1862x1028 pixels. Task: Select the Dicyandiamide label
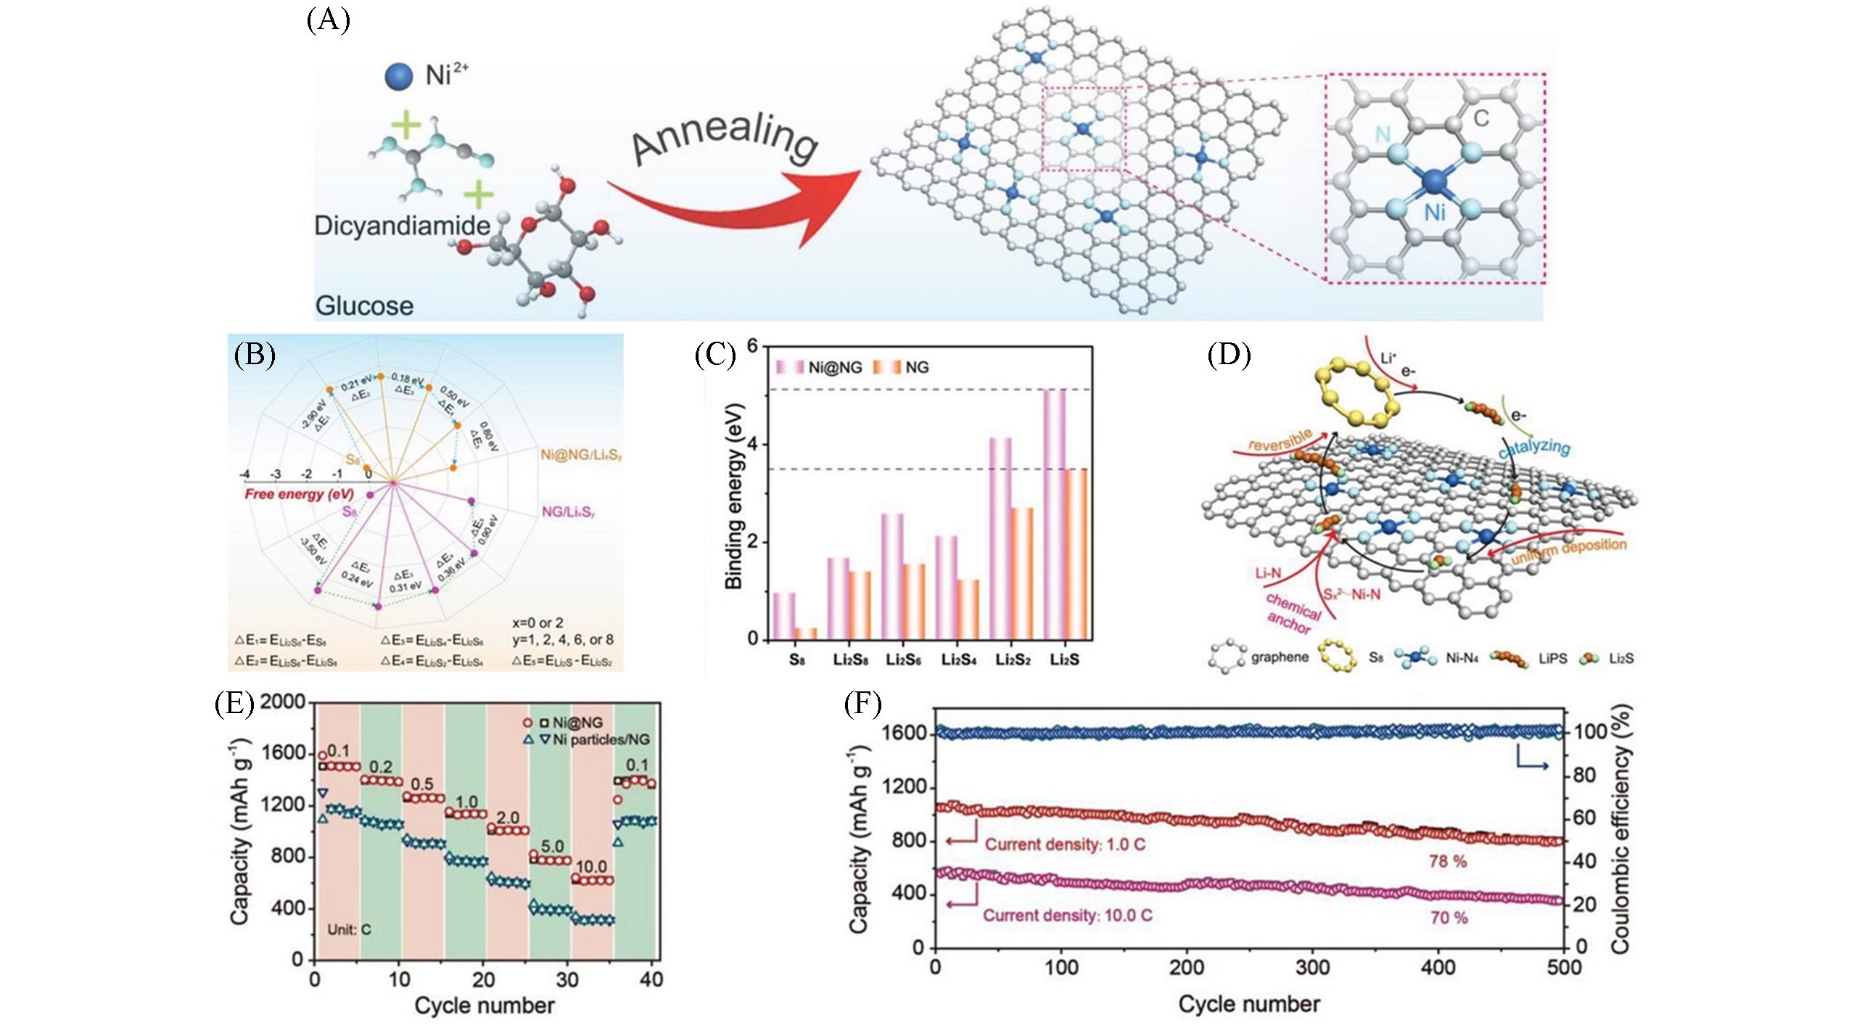pyautogui.click(x=402, y=226)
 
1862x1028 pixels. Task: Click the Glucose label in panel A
pyautogui.click(x=364, y=305)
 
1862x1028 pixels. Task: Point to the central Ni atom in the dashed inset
pyautogui.click(x=1434, y=182)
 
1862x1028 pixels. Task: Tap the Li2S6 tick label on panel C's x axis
pyautogui.click(x=902, y=660)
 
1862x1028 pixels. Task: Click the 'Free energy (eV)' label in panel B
pyautogui.click(x=299, y=494)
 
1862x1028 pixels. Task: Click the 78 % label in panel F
pyautogui.click(x=1447, y=861)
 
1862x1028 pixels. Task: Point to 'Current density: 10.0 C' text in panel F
pyautogui.click(x=1067, y=916)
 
